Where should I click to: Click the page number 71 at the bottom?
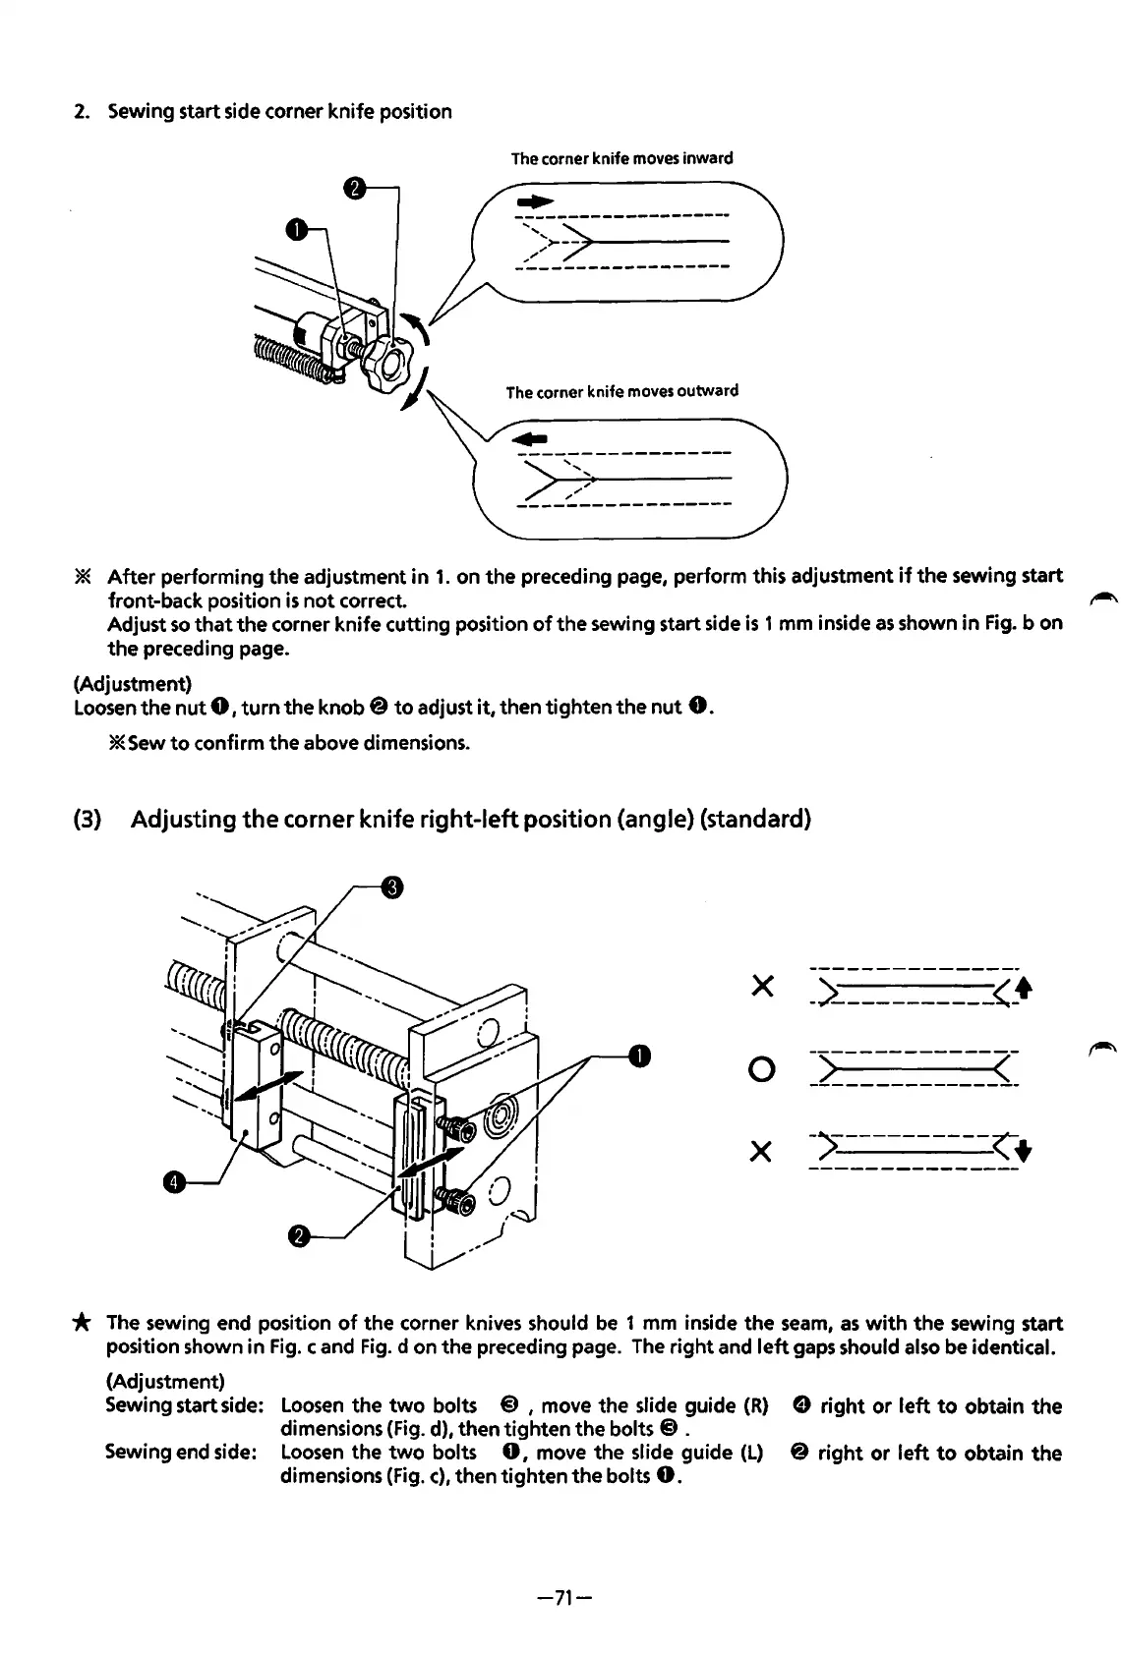[560, 1598]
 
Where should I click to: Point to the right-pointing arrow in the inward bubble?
[529, 200]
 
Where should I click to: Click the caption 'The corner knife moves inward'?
[621, 158]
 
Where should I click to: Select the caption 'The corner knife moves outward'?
[621, 391]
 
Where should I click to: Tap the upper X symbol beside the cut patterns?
[758, 986]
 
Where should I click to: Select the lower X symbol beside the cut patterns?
[758, 1151]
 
